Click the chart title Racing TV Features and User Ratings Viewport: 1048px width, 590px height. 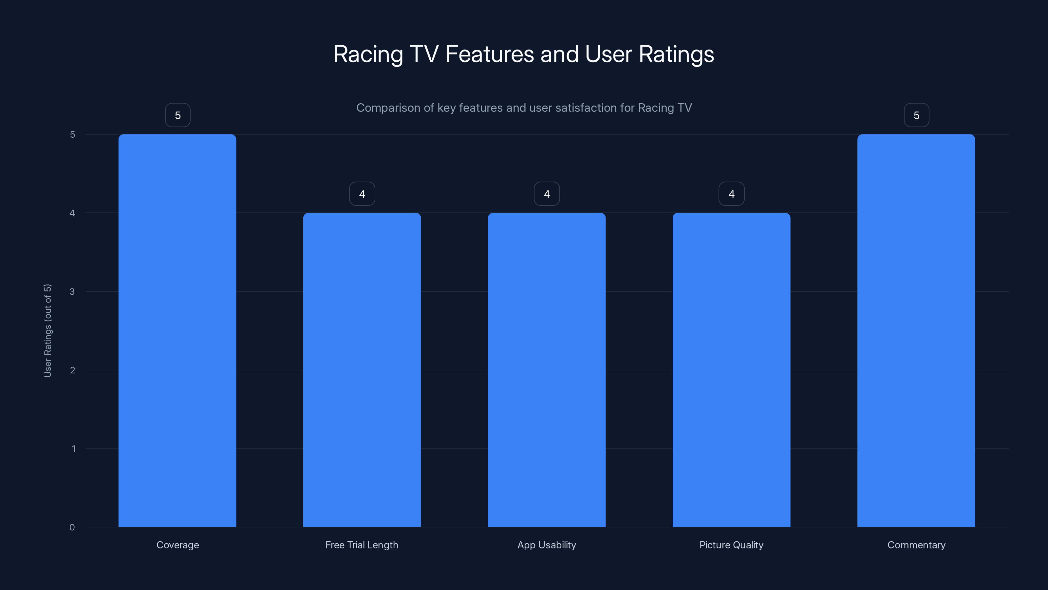coord(524,54)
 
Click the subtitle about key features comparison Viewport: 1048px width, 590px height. coord(524,108)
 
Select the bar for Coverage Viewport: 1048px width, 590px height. coord(178,330)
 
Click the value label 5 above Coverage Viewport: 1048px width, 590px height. coord(178,115)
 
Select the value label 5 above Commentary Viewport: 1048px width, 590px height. coord(917,115)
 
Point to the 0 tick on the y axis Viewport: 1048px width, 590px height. coord(72,527)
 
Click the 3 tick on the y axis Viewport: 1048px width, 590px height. coord(72,291)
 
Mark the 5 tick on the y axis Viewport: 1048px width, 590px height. coord(72,134)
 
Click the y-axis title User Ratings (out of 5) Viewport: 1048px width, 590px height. coord(47,331)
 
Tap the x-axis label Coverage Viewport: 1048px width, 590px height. coord(178,545)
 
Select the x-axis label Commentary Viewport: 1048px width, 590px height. coord(916,545)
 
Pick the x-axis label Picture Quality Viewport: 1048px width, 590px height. coord(731,545)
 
